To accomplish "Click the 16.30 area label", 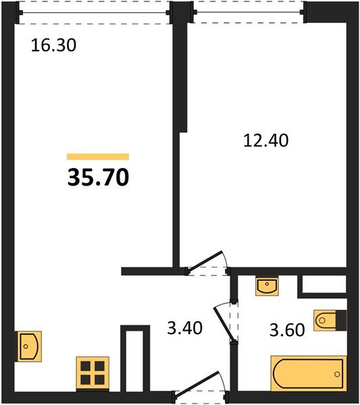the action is coord(53,45).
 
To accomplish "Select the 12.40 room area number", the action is coord(266,140).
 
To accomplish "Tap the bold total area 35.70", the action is coord(98,177).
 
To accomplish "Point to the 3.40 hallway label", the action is coord(185,328).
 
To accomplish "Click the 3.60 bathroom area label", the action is coord(287,330).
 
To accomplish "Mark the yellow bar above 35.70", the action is coord(98,157).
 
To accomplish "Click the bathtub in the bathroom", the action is coord(309,373).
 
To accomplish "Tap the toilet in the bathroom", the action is coord(325,321).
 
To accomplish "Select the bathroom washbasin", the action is coord(267,286).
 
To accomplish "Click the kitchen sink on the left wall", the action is coord(30,346).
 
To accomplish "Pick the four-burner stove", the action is coord(93,373).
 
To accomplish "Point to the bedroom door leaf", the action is coord(205,261).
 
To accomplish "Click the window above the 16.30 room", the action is coord(95,12).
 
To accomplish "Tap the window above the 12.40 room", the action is coord(249,12).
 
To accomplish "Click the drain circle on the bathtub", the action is coord(337,374).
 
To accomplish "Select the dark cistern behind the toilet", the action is coord(341,321).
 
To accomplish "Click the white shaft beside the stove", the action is coord(135,361).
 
